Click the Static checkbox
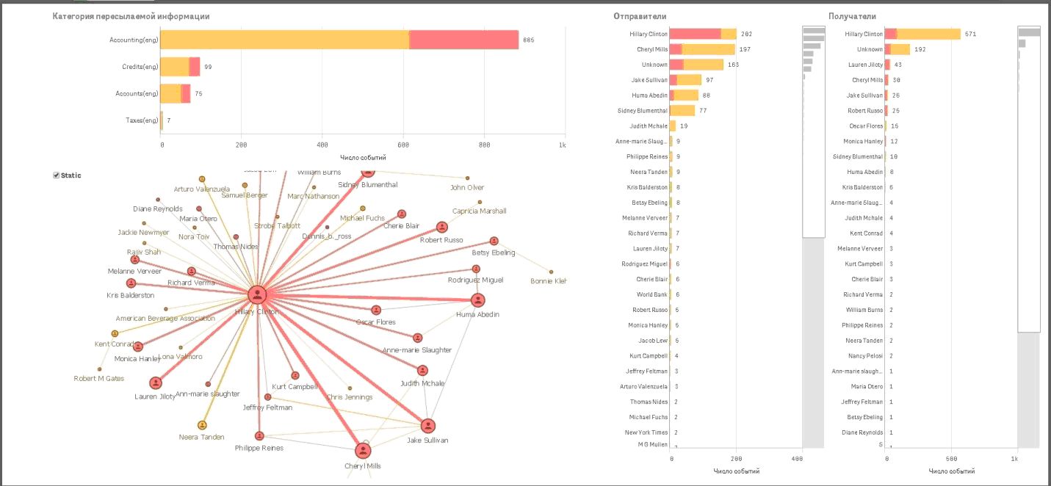pyautogui.click(x=57, y=175)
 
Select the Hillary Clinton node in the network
pyautogui.click(x=256, y=295)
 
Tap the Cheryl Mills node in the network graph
pyautogui.click(x=363, y=451)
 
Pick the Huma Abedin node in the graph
pyautogui.click(x=478, y=300)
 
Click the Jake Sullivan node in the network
pyautogui.click(x=427, y=426)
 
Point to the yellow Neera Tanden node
pyautogui.click(x=202, y=425)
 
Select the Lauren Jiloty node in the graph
pyautogui.click(x=156, y=382)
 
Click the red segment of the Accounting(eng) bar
pyautogui.click(x=463, y=40)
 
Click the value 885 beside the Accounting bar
pyautogui.click(x=528, y=40)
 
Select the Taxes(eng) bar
pyautogui.click(x=162, y=120)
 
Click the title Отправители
pyautogui.click(x=640, y=16)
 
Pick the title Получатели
pyautogui.click(x=852, y=16)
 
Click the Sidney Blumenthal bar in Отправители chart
pyautogui.click(x=682, y=111)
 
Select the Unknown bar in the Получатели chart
pyautogui.click(x=898, y=50)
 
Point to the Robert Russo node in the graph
pyautogui.click(x=441, y=228)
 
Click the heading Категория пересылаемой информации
pyautogui.click(x=131, y=16)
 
